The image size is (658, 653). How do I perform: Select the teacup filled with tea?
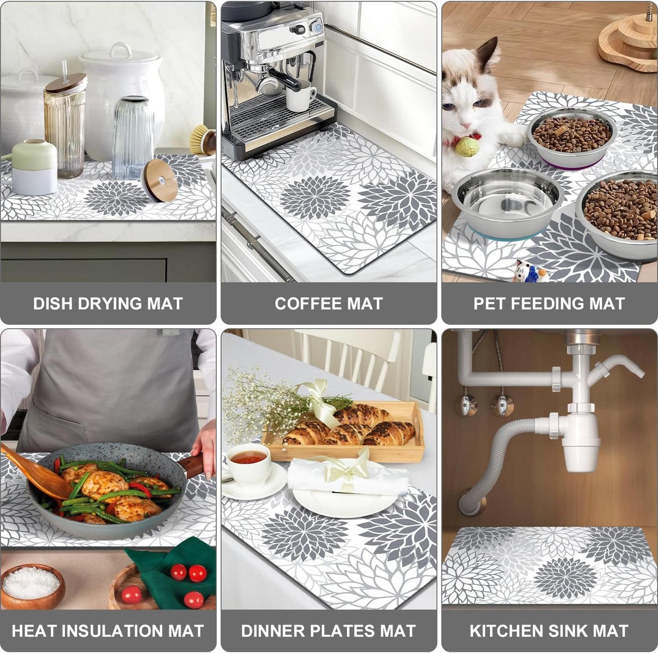click(x=249, y=462)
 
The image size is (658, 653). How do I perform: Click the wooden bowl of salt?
click(x=32, y=585)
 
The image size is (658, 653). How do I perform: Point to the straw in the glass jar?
click(x=65, y=71)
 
